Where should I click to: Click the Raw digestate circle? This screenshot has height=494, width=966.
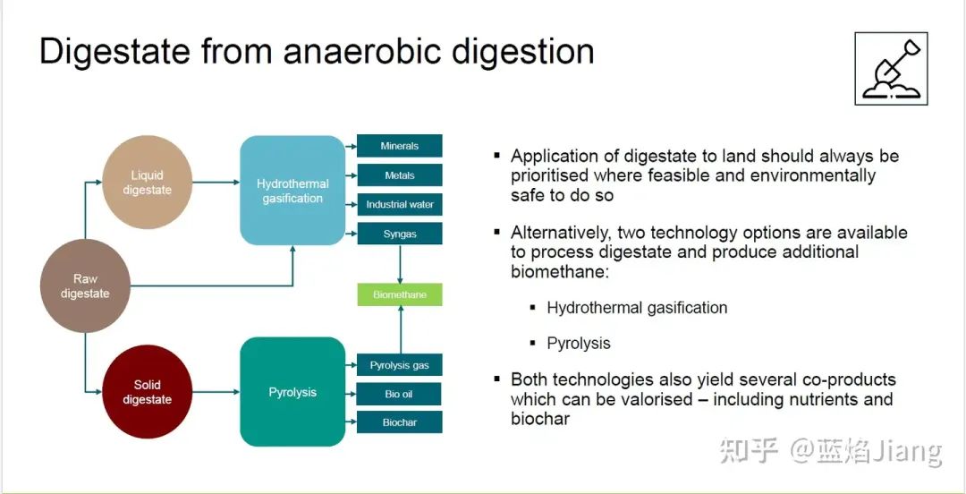click(85, 285)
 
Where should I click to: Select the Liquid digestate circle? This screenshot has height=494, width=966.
click(147, 183)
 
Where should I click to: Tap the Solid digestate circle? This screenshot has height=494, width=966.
click(147, 392)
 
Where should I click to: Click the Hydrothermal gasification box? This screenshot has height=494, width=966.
click(292, 191)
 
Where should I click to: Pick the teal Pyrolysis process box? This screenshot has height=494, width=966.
click(292, 392)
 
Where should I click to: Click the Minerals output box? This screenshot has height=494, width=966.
click(400, 146)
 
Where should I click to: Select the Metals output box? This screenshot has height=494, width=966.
click(400, 175)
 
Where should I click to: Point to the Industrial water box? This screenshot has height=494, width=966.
click(400, 204)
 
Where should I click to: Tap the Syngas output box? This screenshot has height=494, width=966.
click(400, 234)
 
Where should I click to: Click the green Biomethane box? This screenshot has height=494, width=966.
click(400, 294)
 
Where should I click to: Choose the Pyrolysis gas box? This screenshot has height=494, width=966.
click(400, 365)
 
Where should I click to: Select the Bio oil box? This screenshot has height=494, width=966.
click(400, 394)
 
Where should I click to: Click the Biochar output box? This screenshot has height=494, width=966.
click(400, 422)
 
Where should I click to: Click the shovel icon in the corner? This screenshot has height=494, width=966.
click(891, 69)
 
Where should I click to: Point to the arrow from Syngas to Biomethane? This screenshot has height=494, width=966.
click(400, 264)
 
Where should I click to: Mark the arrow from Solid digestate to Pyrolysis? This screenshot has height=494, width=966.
click(216, 392)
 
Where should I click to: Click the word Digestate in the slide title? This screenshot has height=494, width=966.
click(114, 52)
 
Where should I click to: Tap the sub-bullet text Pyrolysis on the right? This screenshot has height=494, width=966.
click(579, 344)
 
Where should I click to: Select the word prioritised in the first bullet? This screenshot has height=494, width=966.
click(549, 175)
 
